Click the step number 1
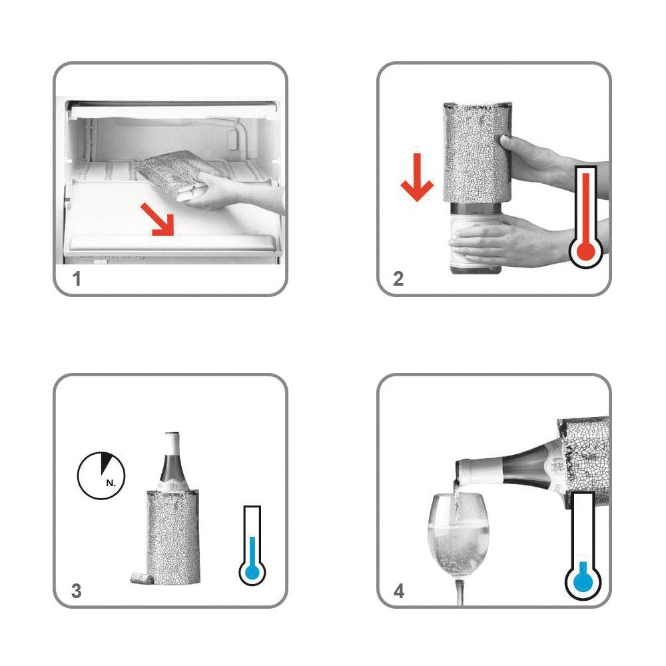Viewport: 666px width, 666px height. tap(77, 279)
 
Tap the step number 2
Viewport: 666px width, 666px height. tap(398, 279)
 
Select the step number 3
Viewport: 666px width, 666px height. tap(77, 591)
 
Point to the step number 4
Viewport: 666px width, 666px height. tap(399, 591)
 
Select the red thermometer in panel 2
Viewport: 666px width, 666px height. tap(586, 216)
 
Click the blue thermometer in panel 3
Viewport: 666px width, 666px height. tap(252, 546)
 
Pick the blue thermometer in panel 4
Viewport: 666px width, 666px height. tap(583, 547)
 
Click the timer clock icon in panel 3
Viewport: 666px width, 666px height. tap(101, 476)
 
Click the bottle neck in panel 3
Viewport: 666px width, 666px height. tap(172, 461)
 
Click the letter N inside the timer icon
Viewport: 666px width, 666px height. tap(111, 483)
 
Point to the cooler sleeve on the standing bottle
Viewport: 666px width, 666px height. tap(173, 537)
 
